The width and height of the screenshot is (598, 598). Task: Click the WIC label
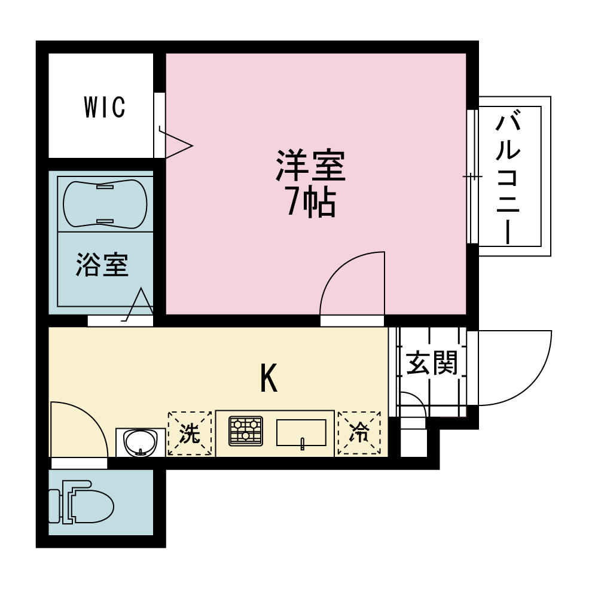tap(105, 107)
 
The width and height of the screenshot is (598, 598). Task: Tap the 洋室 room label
tap(310, 166)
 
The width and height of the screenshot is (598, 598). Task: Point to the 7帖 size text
tap(311, 202)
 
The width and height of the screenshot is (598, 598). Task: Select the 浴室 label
tap(102, 264)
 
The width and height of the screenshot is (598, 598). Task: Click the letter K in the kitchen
tap(269, 378)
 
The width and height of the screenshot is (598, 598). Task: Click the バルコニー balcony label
tap(508, 176)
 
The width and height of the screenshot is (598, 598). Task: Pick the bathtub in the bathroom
tap(105, 204)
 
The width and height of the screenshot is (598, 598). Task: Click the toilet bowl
tap(81, 502)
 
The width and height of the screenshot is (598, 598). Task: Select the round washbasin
tap(141, 442)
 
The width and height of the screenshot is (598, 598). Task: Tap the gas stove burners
tap(246, 431)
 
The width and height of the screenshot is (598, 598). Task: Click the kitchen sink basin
tap(301, 432)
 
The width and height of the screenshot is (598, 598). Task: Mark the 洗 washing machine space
tap(190, 433)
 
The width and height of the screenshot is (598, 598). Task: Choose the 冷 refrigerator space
tap(359, 432)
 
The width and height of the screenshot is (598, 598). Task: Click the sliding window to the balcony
tap(472, 176)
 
